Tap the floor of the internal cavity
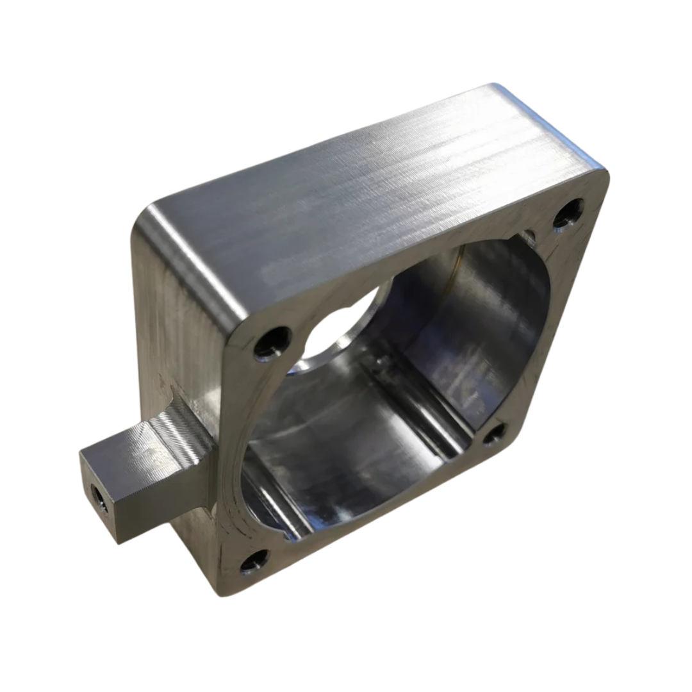coord(359,449)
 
